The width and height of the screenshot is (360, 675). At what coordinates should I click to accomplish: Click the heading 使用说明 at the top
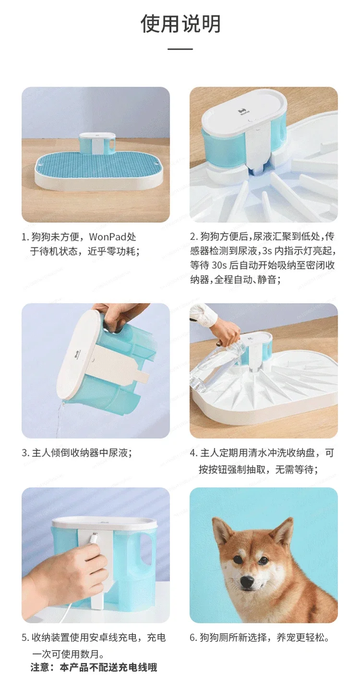click(x=180, y=23)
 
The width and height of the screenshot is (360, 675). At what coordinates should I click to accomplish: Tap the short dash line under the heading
click(x=180, y=49)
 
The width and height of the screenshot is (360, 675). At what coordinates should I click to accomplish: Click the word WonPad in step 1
click(x=108, y=237)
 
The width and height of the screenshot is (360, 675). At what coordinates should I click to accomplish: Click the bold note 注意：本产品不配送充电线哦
click(x=94, y=667)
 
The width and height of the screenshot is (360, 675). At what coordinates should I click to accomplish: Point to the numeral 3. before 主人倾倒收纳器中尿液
click(x=25, y=453)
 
